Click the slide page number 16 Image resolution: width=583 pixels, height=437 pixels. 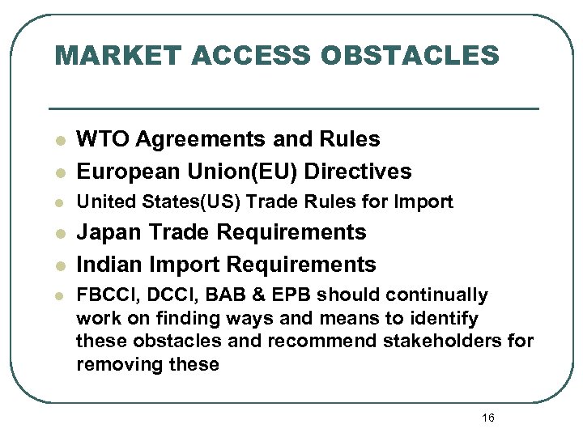tap(487, 418)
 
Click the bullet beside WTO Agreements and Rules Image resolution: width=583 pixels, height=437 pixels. tap(59, 141)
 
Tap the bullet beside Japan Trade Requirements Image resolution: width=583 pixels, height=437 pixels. tap(59, 234)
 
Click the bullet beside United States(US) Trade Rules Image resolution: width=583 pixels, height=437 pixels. tap(59, 202)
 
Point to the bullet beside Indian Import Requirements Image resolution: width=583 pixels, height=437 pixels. tap(59, 266)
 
